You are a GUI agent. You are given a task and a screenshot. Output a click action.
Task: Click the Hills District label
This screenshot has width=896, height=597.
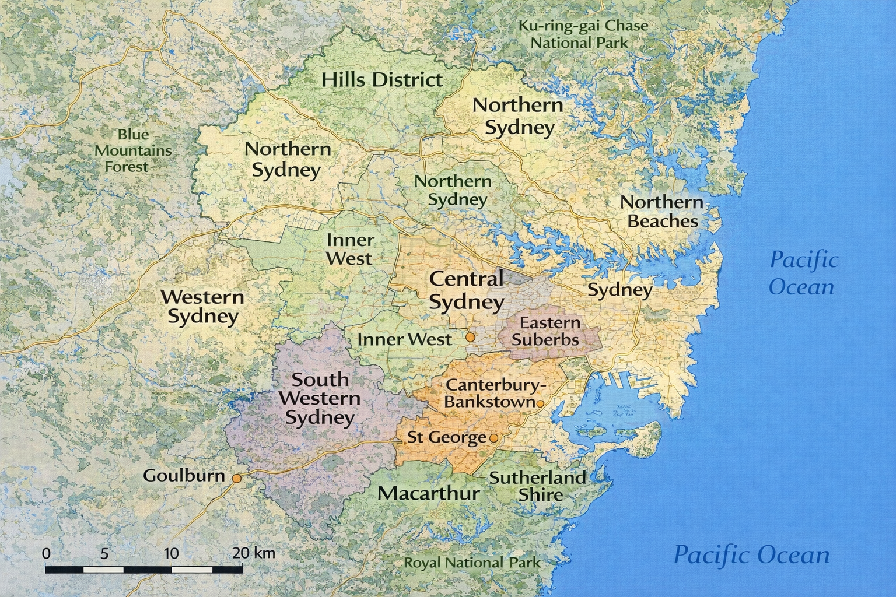click(x=382, y=80)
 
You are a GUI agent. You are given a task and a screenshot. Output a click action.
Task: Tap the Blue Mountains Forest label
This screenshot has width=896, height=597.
click(x=133, y=150)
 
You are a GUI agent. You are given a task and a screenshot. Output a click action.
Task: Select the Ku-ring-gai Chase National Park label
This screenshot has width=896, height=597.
click(x=583, y=34)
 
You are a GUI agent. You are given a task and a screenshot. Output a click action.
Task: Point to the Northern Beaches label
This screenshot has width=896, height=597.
click(x=662, y=212)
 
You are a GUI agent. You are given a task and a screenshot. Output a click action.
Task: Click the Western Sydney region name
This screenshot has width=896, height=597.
click(x=202, y=307)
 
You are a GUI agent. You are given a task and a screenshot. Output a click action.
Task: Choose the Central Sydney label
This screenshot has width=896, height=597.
click(x=466, y=290)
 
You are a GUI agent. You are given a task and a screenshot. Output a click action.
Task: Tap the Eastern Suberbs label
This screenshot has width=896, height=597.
click(x=549, y=331)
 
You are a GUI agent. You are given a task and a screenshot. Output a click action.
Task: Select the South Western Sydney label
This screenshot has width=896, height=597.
click(x=320, y=399)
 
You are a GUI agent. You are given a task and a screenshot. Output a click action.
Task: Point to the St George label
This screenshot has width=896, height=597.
click(x=446, y=437)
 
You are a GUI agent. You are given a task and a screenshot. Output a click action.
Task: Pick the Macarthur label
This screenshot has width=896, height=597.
click(x=428, y=493)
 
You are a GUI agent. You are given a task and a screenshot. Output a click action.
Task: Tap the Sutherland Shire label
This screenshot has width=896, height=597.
click(x=537, y=486)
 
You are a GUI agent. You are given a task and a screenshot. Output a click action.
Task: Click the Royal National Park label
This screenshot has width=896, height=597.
click(x=473, y=563)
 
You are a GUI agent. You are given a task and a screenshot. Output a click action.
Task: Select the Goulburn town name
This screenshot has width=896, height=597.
click(x=184, y=476)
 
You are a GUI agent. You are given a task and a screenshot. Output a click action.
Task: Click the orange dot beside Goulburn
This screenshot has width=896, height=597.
click(x=237, y=478)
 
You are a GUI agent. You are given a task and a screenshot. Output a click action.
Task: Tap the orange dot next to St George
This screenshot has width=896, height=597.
click(x=494, y=438)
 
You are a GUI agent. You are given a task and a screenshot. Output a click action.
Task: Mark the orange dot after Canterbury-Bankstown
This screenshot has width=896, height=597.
click(x=540, y=403)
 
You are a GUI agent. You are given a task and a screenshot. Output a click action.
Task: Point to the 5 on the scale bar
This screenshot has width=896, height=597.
click(x=104, y=553)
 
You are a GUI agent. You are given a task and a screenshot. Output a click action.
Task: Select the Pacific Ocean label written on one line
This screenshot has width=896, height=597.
click(x=751, y=555)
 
